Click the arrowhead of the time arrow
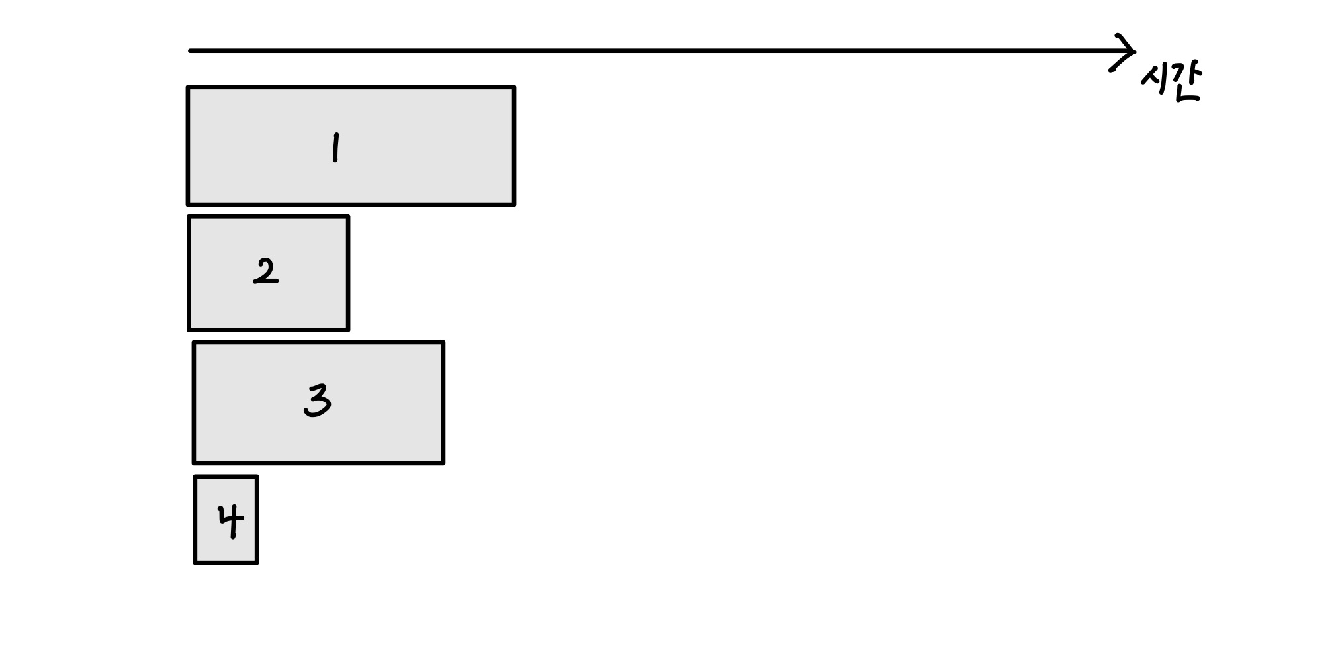coord(1130,50)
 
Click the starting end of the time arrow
coord(191,50)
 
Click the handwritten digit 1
coord(335,147)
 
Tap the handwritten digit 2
coord(266,271)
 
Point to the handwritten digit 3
coord(318,401)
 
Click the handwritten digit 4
coord(231,521)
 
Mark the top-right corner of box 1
coord(514,87)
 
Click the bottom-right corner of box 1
coord(514,204)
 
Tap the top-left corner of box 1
coord(189,87)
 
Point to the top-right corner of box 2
coord(348,217)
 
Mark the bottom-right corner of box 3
coord(443,463)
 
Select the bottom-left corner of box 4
coord(195,563)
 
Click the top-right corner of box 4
coord(257,477)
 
